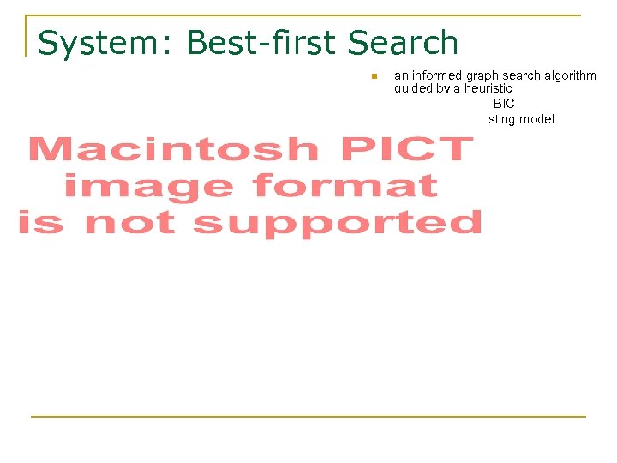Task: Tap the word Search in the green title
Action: (x=404, y=43)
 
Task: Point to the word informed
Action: (x=435, y=75)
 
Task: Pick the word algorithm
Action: (x=571, y=75)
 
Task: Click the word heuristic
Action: (x=488, y=88)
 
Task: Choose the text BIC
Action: (x=504, y=104)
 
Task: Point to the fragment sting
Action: (x=501, y=119)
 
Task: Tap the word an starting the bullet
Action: (x=401, y=75)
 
